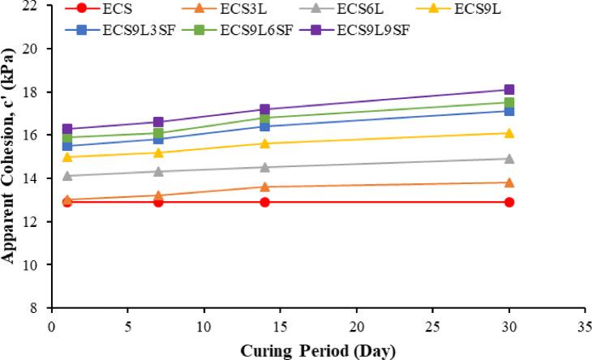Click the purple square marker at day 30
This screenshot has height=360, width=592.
tap(509, 90)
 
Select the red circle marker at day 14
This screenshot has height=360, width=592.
tap(265, 202)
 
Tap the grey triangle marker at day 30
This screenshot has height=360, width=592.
tap(509, 159)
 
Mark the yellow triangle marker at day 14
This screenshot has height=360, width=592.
tap(265, 144)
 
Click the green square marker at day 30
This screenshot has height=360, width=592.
tap(509, 103)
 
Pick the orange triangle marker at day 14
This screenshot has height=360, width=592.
tap(265, 186)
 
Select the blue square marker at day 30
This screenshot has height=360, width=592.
tap(509, 111)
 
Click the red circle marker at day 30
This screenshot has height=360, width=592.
tap(509, 202)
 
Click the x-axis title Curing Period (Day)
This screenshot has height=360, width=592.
tap(317, 350)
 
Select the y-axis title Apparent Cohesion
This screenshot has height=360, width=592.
tap(10, 154)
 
